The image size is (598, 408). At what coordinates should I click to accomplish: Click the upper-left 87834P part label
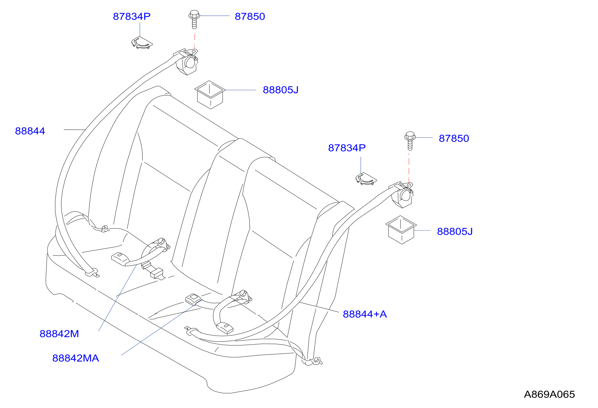(x=132, y=16)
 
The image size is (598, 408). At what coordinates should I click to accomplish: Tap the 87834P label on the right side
(x=347, y=148)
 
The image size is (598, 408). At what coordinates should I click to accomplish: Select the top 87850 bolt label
(x=250, y=16)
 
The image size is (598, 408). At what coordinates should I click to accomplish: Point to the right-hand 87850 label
(x=454, y=138)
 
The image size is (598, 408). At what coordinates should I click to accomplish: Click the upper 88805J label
(x=280, y=90)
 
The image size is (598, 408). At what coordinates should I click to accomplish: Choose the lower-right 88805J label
(x=455, y=231)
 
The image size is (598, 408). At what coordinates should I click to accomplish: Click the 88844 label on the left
(x=30, y=131)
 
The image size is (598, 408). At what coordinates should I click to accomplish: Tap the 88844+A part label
(x=365, y=314)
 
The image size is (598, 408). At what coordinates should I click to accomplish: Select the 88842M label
(x=59, y=334)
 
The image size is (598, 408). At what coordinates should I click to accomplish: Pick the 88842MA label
(x=76, y=358)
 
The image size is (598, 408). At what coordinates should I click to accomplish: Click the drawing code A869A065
(x=549, y=394)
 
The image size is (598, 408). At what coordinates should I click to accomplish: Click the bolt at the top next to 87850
(x=194, y=19)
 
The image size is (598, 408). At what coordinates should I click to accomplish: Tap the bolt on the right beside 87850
(x=410, y=141)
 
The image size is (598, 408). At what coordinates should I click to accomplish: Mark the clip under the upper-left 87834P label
(x=142, y=43)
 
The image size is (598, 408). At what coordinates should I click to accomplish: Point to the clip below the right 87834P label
(x=366, y=179)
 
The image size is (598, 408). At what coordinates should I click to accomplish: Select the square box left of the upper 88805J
(x=210, y=95)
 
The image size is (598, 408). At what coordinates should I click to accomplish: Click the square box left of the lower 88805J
(x=401, y=230)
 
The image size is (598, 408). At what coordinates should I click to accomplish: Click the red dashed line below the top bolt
(x=195, y=41)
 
